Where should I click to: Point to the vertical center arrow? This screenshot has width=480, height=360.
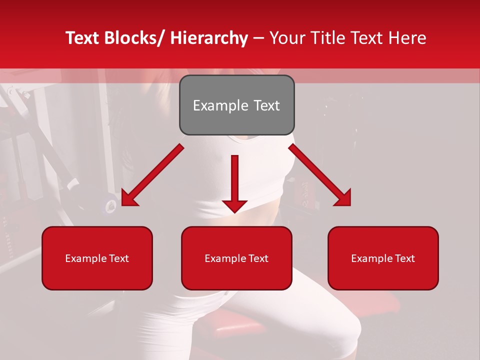[234, 180]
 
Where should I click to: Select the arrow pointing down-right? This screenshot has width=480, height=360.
[320, 175]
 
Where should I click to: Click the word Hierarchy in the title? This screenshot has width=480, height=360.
[209, 38]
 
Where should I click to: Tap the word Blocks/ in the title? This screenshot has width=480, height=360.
[133, 38]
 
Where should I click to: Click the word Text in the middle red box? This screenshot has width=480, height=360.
[257, 258]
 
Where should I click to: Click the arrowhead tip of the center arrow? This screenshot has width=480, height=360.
[234, 212]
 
